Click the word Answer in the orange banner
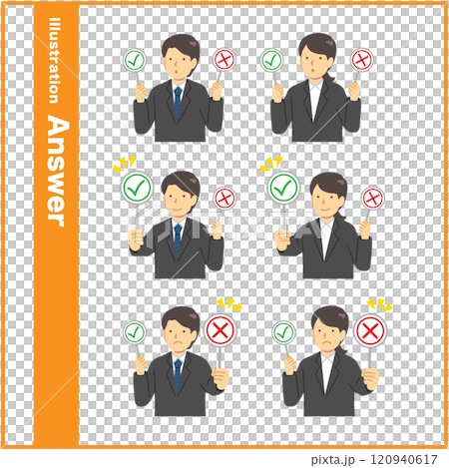[57, 170]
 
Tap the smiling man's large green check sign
[137, 187]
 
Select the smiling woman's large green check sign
[283, 187]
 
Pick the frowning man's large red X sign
[220, 330]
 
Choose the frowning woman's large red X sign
[369, 330]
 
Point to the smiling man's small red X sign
[224, 198]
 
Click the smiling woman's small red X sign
[372, 198]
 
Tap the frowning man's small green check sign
[135, 332]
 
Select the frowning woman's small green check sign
[283, 332]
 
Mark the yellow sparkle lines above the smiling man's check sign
[123, 163]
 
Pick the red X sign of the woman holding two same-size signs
[362, 60]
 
